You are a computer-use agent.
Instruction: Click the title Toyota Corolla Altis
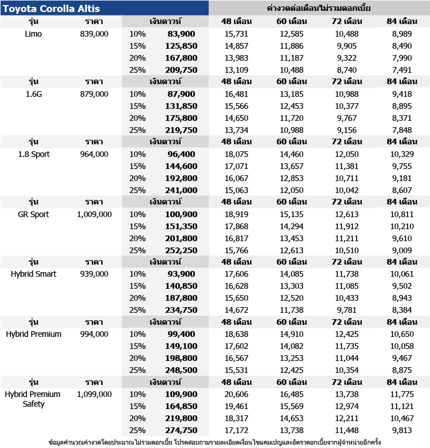[52, 9]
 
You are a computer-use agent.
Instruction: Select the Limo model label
[34, 34]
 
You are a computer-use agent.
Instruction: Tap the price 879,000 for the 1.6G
[94, 94]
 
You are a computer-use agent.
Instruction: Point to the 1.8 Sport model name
[34, 154]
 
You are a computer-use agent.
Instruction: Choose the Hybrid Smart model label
[34, 274]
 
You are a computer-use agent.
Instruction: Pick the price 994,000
[94, 334]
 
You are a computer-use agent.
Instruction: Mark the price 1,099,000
[94, 394]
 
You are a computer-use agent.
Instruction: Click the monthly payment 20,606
[236, 394]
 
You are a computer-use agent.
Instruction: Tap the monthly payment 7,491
[401, 70]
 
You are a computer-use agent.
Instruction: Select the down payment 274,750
[181, 430]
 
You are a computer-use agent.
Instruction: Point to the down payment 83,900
[182, 34]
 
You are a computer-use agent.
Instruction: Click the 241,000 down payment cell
[181, 190]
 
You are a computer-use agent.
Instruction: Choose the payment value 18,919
[236, 214]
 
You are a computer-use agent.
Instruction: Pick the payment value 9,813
[401, 430]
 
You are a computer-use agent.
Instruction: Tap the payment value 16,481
[236, 94]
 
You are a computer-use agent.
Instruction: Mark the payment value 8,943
[401, 298]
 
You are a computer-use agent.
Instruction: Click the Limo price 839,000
[94, 34]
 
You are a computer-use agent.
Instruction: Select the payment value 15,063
[236, 190]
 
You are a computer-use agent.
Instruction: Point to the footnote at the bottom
[214, 442]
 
